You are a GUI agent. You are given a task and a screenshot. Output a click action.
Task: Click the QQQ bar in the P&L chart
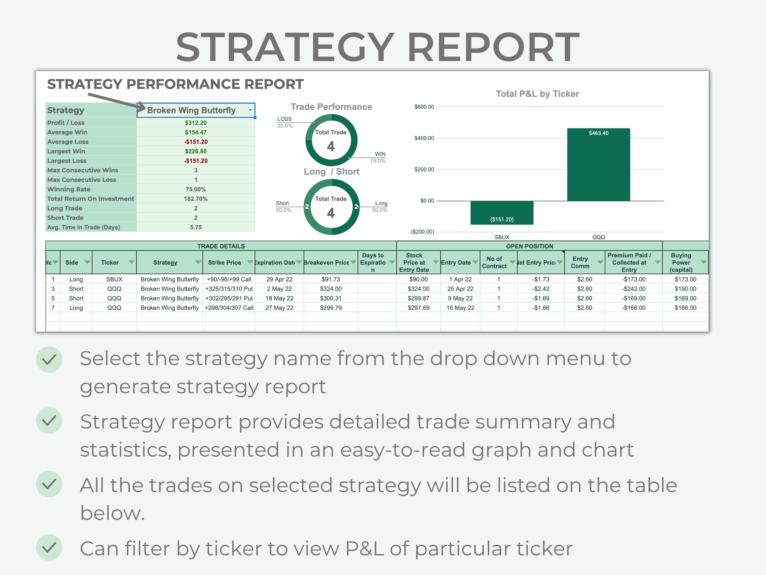coord(598,165)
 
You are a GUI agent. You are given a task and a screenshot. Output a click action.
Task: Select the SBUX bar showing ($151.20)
coord(502,213)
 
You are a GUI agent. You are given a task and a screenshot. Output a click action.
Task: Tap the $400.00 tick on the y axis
coord(424,138)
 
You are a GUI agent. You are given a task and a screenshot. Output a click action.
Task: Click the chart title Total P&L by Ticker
coord(537,94)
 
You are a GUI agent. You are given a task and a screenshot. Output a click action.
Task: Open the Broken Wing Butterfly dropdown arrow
coord(250,110)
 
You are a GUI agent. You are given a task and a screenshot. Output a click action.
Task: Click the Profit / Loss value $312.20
coord(196,123)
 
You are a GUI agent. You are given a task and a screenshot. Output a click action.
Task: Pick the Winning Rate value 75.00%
coord(196,189)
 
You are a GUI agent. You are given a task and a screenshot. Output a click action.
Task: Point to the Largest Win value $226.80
coord(196,151)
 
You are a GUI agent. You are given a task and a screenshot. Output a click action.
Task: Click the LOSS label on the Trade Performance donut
coord(285,119)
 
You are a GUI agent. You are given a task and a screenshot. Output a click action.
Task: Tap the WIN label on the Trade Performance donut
coord(380,154)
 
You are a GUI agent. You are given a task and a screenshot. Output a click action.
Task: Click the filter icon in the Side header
coord(87,263)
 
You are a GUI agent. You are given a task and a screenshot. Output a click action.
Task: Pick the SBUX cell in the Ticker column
coord(114,279)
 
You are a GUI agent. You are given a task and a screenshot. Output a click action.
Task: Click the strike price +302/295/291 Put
coord(229,299)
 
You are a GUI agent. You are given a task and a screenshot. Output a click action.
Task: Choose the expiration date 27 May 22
coord(279,308)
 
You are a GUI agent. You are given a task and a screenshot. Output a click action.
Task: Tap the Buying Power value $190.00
coord(685,289)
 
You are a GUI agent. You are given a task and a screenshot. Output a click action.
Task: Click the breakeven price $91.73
coord(331,279)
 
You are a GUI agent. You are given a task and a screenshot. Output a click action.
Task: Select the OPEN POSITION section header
coord(529,246)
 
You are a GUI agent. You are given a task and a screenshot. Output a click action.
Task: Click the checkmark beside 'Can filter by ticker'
coord(49,547)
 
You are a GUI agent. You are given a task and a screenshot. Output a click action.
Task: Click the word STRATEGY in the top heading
coord(285,47)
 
